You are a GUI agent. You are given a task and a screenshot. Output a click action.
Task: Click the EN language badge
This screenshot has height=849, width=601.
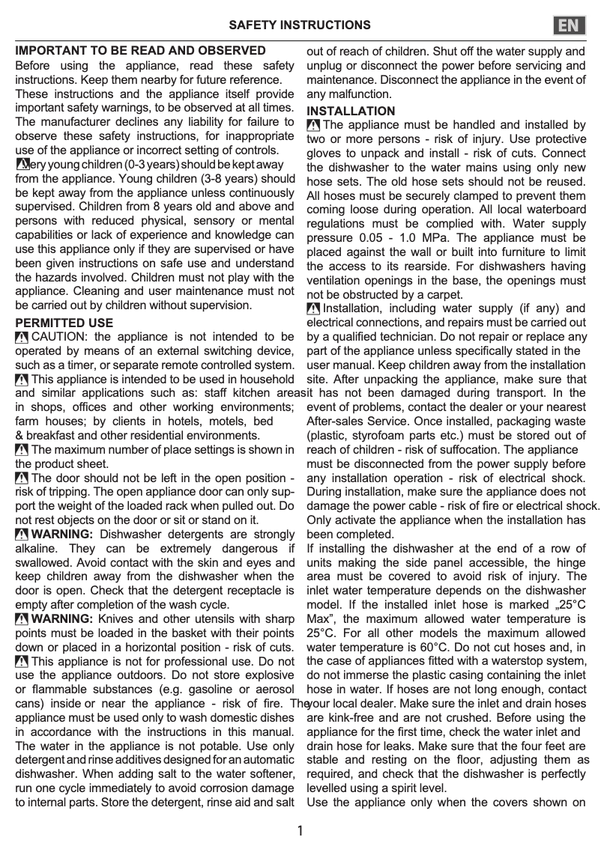tap(570, 25)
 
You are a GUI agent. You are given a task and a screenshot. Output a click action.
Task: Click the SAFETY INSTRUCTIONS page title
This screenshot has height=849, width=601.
tap(299, 25)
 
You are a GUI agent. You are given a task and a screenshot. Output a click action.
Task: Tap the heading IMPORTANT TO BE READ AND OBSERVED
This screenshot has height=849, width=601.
tap(141, 51)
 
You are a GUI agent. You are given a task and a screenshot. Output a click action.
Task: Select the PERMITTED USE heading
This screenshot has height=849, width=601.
tap(64, 323)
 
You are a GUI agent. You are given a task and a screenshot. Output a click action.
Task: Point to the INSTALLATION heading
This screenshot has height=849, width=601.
tap(351, 111)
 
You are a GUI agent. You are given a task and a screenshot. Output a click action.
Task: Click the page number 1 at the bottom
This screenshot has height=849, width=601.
tap(300, 831)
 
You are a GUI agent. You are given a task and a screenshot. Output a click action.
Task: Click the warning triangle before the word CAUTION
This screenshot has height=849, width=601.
tap(22, 338)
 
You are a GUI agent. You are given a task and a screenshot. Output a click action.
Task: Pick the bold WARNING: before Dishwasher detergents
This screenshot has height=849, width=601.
tap(63, 534)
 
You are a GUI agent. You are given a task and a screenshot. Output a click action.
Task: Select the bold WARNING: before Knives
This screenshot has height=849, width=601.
tap(63, 618)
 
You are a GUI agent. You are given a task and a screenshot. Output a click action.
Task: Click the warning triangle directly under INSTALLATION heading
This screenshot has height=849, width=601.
tap(314, 125)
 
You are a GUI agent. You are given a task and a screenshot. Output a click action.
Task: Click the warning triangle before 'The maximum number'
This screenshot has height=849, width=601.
tap(22, 450)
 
